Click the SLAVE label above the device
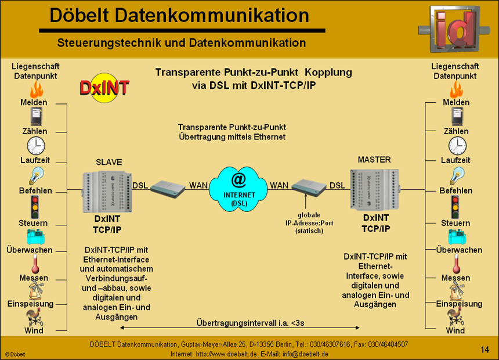109,162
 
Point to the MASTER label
374,160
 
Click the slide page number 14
485,349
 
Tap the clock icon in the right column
457,145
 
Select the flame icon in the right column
456,89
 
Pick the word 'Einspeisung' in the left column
30,304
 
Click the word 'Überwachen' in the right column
459,250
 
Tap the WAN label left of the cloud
198,185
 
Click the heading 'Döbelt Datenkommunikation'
178,15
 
